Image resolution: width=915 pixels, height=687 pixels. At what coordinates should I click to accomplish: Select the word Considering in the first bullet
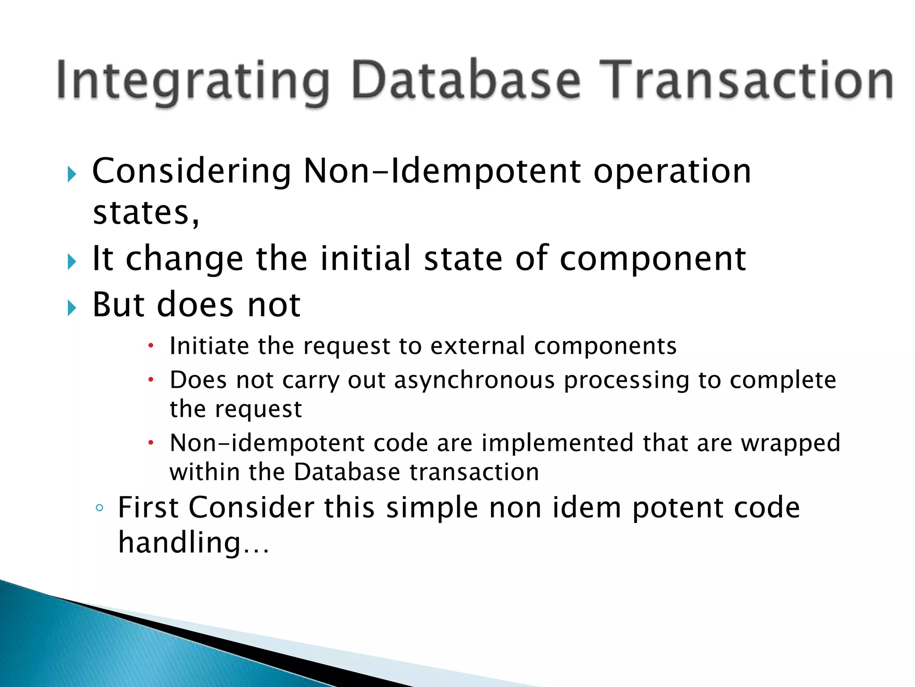tap(192, 172)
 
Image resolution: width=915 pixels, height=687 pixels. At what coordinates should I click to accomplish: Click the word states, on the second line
tap(146, 213)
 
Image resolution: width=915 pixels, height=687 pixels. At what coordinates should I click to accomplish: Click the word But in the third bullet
tap(118, 305)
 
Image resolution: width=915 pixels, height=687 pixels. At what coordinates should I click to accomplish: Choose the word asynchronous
tap(474, 381)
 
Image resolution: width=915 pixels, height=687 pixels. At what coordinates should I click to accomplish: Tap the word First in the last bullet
tap(148, 508)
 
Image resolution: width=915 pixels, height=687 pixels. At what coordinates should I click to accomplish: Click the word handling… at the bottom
tap(193, 542)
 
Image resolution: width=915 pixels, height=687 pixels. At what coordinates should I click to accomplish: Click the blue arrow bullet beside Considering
tap(72, 174)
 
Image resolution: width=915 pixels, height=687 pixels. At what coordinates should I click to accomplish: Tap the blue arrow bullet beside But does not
tap(72, 308)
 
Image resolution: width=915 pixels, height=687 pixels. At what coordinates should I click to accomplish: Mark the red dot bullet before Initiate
tap(151, 346)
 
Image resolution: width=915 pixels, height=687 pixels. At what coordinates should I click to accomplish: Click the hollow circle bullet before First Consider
tap(100, 508)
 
